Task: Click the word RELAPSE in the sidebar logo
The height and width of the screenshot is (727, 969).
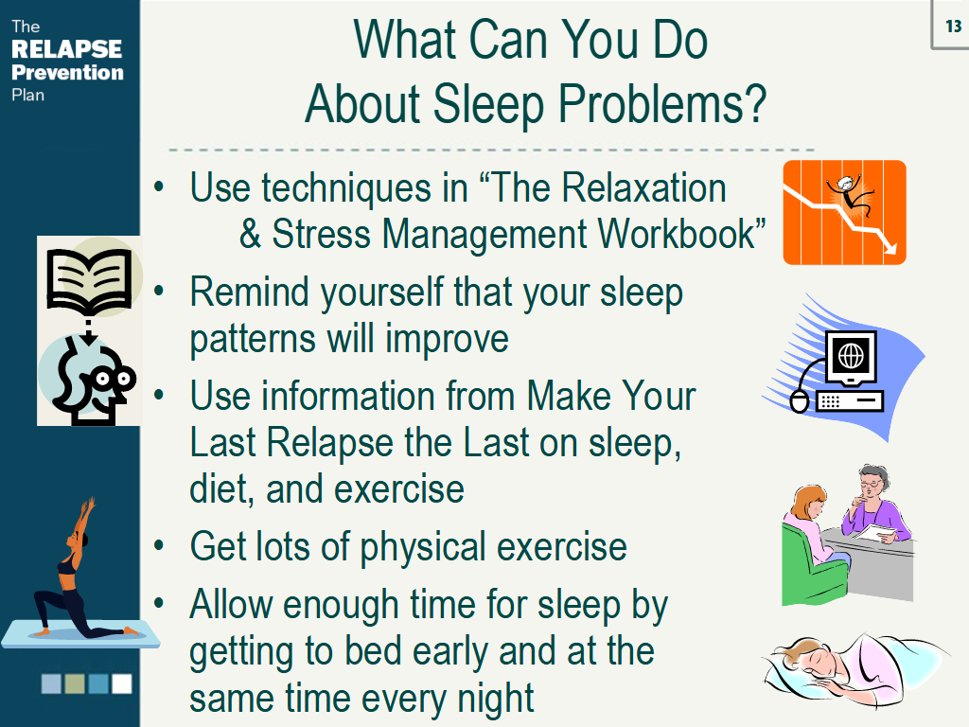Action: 67,49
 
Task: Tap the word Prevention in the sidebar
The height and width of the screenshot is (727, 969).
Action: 67,72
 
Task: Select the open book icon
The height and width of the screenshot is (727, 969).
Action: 90,279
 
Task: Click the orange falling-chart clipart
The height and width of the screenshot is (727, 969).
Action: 844,212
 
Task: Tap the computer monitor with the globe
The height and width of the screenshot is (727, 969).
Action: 852,358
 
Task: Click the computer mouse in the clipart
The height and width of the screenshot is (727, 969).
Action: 799,401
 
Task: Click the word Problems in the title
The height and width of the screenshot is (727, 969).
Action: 661,103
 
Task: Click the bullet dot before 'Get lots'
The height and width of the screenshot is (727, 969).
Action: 159,545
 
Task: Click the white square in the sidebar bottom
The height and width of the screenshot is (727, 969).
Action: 122,683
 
